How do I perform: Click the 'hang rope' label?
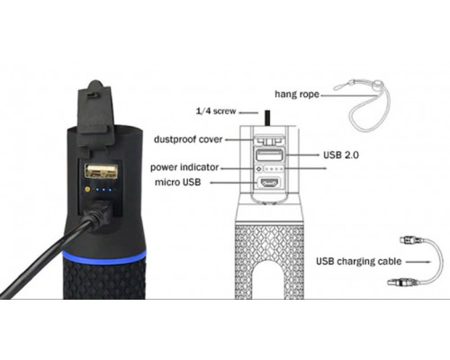pyautogui.click(x=297, y=94)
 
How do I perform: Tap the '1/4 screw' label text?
pyautogui.click(x=216, y=112)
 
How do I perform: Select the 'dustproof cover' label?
pyautogui.click(x=188, y=139)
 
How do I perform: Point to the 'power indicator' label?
pyautogui.click(x=184, y=167)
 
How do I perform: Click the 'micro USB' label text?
pyautogui.click(x=178, y=182)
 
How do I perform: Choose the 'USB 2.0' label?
pyautogui.click(x=341, y=155)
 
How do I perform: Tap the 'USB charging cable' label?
pyautogui.click(x=359, y=261)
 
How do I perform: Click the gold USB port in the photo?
pyautogui.click(x=101, y=171)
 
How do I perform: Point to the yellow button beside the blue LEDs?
pyautogui.click(x=87, y=189)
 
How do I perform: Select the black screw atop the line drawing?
pyautogui.click(x=267, y=118)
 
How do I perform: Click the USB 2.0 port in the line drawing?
pyautogui.click(x=269, y=155)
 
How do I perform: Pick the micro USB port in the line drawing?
pyautogui.click(x=269, y=183)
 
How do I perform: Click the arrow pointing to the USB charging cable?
pyautogui.click(x=418, y=262)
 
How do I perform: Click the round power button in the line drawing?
pyautogui.click(x=259, y=169)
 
